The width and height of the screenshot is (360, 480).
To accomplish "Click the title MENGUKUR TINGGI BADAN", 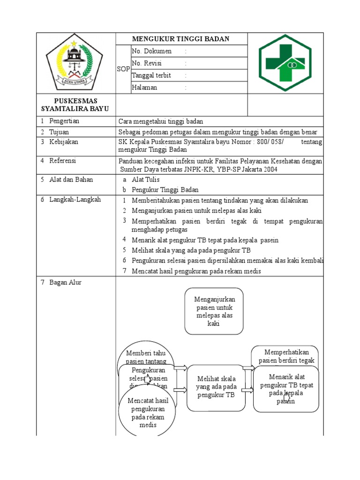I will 180,39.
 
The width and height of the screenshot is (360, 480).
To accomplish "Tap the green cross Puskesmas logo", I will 285,63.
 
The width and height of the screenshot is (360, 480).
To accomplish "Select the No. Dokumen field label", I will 151,51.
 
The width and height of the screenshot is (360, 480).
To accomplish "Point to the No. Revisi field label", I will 149,63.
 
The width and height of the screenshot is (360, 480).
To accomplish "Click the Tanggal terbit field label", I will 151,75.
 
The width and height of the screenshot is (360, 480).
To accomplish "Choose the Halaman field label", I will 144,88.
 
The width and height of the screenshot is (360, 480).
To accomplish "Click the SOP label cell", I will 123,69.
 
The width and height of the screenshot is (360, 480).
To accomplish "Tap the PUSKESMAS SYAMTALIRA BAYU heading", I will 75,105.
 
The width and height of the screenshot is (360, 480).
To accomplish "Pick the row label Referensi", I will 63,161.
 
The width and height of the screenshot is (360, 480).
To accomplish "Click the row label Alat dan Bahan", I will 71,180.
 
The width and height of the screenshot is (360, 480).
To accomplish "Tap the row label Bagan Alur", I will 65,282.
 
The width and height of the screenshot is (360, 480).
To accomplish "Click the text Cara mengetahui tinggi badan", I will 161,121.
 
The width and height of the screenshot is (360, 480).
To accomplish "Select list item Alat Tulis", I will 146,180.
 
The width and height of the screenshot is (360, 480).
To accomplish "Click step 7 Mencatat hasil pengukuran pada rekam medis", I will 196,271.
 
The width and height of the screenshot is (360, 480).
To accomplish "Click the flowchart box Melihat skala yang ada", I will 216,387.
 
